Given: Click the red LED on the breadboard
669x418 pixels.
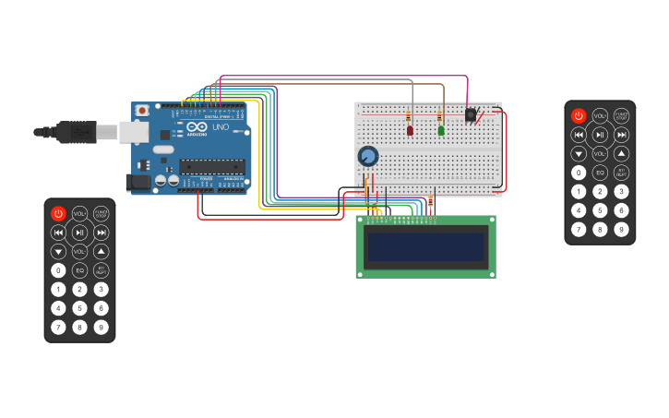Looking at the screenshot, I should point(410,131).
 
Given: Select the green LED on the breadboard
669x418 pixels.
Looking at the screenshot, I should point(441,130).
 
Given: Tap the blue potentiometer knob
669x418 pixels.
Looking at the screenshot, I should point(368,156).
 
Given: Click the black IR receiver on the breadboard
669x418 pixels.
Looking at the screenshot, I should point(471,115).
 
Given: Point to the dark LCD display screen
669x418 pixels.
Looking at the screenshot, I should point(425,246).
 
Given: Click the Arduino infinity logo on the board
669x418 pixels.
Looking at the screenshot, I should point(197,127).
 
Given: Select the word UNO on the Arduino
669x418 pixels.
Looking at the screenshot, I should point(221,127).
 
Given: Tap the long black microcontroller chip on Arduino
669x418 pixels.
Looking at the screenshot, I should point(212,166).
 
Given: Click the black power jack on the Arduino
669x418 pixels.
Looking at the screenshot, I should point(139,182).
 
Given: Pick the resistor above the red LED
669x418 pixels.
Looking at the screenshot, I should point(409,116).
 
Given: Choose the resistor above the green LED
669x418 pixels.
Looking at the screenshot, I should point(439,116).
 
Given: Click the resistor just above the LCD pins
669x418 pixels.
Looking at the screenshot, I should point(430,201).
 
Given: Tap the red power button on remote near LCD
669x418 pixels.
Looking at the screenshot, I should point(58,213).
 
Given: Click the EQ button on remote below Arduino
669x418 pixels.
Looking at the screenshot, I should point(79,270).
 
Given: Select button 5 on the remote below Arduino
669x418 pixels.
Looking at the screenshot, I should point(79,308).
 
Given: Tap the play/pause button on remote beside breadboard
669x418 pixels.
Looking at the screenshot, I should point(600,135).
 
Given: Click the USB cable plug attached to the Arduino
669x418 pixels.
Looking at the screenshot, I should point(78,132).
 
